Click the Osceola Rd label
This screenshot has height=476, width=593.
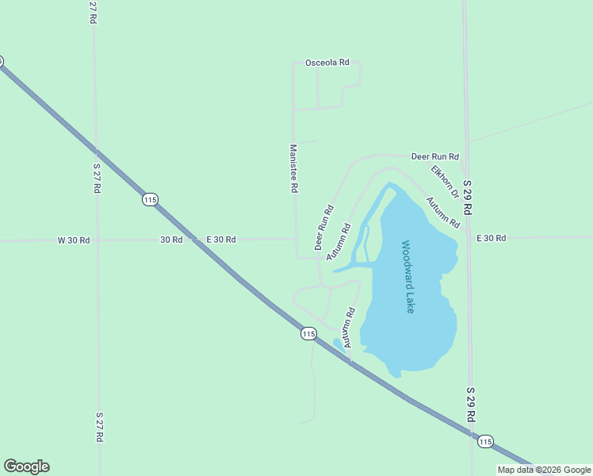(x=327, y=63)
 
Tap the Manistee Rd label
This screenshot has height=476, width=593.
(x=293, y=168)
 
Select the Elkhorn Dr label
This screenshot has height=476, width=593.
(x=445, y=182)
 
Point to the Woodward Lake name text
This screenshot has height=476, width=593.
(x=407, y=277)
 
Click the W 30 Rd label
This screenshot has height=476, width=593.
(x=74, y=240)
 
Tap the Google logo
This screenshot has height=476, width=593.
(x=26, y=466)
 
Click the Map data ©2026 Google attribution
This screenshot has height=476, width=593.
(x=544, y=470)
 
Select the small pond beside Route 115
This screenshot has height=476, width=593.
(x=338, y=344)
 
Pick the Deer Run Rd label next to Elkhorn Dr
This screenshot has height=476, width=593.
(x=435, y=156)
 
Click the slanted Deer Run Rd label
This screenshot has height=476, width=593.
(x=324, y=228)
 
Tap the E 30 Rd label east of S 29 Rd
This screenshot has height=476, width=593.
(x=491, y=238)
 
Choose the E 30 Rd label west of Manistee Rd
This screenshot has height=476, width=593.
(x=221, y=239)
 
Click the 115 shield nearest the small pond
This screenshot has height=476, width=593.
(x=308, y=334)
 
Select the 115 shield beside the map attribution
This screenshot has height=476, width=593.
(x=485, y=441)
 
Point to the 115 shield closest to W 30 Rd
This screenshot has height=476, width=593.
(x=150, y=199)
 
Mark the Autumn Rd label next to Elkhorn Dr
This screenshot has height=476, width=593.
(x=442, y=213)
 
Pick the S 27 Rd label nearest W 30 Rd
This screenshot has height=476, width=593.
(x=96, y=178)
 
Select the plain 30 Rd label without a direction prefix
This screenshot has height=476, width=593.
(x=171, y=239)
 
